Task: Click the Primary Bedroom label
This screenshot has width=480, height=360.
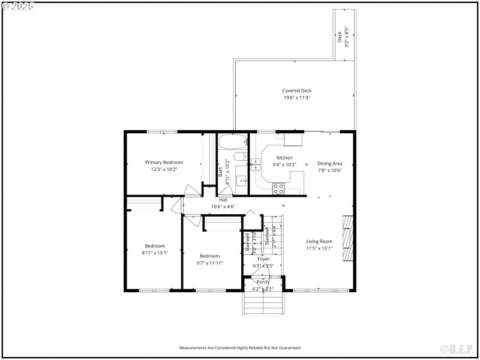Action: tap(164, 162)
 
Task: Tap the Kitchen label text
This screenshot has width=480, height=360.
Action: tap(284, 158)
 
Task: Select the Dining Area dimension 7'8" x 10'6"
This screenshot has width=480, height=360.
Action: tap(329, 170)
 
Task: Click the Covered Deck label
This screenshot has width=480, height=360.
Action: tap(297, 91)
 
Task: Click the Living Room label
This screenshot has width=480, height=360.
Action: tap(319, 241)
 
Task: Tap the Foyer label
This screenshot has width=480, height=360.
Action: tap(263, 259)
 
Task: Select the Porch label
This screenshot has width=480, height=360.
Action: tap(263, 281)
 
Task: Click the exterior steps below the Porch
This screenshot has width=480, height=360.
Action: tap(262, 303)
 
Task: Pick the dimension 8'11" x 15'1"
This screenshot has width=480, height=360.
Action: tap(155, 253)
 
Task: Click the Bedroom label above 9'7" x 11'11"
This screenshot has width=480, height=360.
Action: tap(210, 256)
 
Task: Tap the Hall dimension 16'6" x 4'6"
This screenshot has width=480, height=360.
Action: tap(223, 206)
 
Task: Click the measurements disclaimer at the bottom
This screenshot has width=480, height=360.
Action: tap(240, 347)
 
